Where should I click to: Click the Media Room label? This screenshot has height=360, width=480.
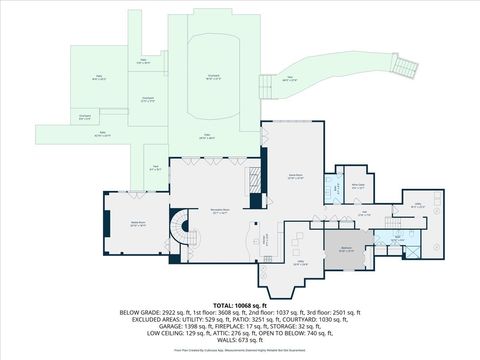point(138,225)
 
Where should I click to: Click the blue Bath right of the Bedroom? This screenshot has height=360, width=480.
point(396,240)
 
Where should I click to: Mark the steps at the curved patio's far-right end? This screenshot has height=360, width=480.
point(404,67)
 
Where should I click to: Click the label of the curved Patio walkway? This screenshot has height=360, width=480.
point(291,80)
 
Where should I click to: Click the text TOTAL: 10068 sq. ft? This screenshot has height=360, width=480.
point(239,304)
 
